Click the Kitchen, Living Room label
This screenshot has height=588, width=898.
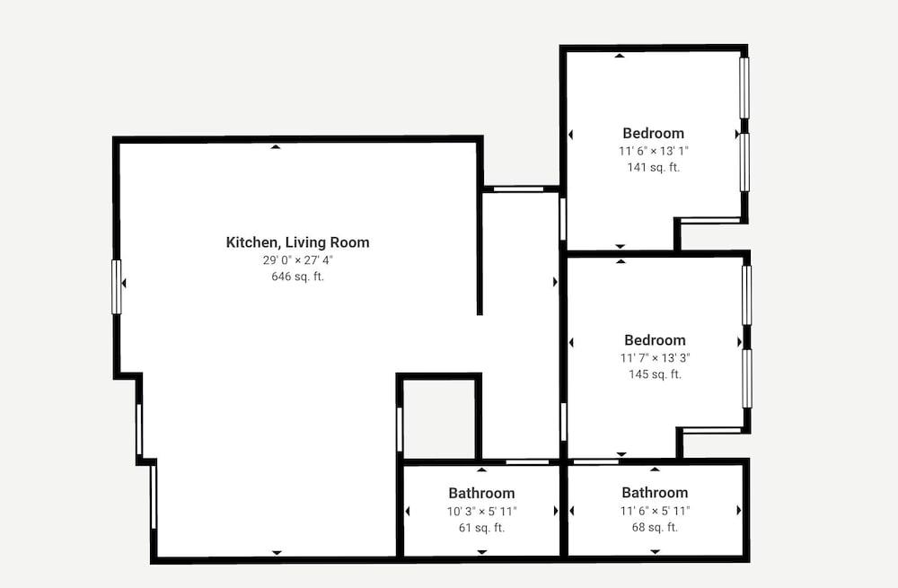(298, 242)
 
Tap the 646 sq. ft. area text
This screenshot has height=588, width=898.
(298, 276)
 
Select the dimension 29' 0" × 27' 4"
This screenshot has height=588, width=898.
(298, 260)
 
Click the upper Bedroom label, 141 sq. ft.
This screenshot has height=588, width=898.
(654, 134)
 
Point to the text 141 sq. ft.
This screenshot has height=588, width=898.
(654, 167)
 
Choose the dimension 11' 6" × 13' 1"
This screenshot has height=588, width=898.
(654, 151)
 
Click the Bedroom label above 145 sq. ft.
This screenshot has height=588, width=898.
(656, 340)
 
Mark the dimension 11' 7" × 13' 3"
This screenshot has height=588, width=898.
(656, 358)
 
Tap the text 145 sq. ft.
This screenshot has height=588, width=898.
(656, 374)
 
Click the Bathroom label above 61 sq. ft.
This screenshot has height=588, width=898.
(481, 493)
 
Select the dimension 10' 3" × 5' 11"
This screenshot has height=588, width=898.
(481, 511)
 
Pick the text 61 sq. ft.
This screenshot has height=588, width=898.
(481, 527)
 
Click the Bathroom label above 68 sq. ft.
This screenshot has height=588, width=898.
(656, 492)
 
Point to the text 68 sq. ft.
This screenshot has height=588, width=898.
(656, 527)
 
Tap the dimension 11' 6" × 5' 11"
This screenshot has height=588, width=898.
(656, 510)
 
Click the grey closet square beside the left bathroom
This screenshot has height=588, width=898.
(439, 418)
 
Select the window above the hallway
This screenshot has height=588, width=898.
(519, 189)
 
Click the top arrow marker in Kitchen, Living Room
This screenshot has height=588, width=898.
(276, 147)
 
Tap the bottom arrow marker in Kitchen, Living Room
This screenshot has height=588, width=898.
(277, 552)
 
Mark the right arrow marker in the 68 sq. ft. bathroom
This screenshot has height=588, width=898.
(739, 510)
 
